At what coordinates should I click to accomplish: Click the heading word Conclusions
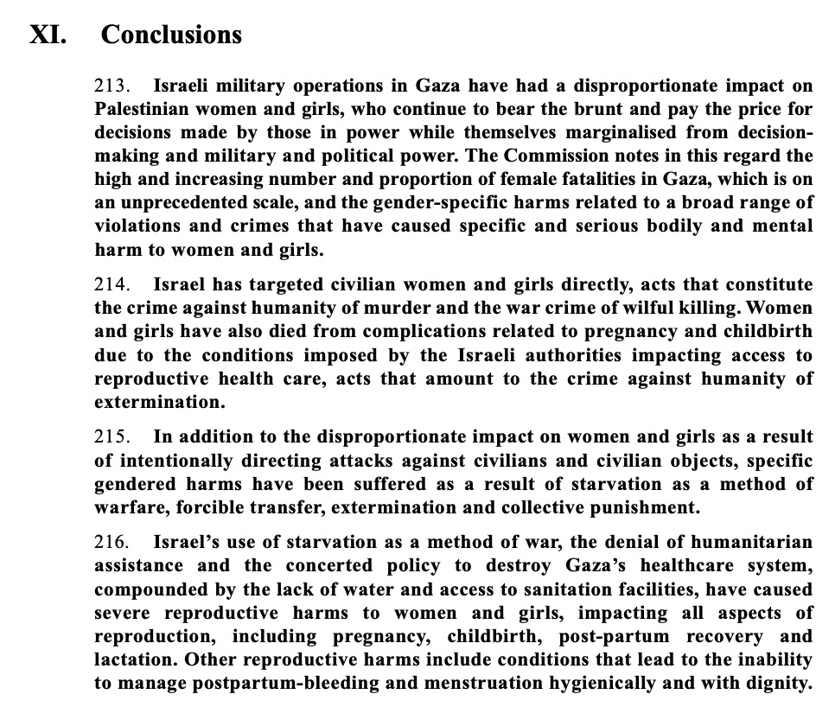click(x=171, y=35)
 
